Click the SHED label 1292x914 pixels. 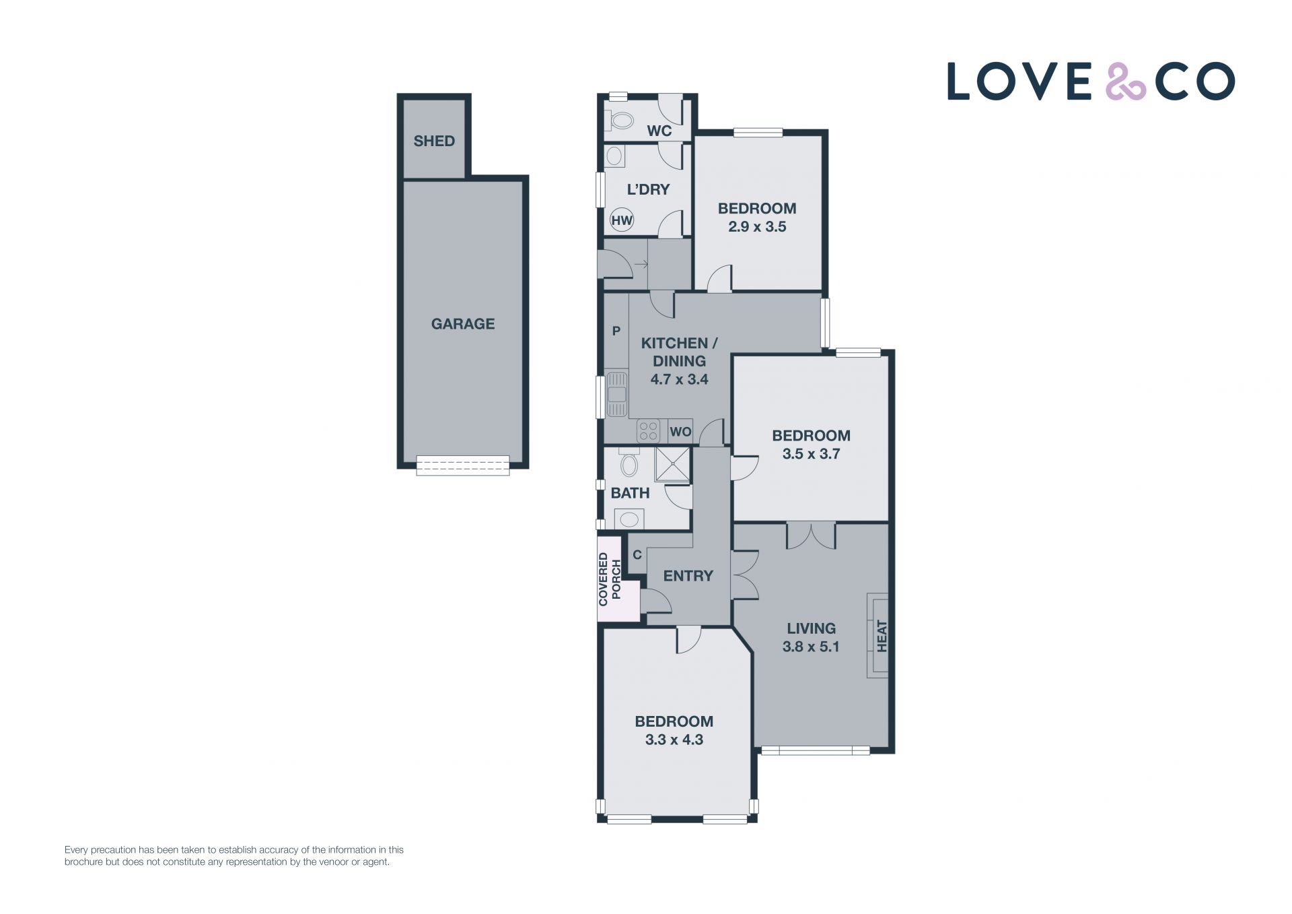434,141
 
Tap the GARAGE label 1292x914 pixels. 463,324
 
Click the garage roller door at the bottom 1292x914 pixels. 463,465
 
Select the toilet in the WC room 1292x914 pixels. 620,121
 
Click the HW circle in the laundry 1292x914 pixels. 622,220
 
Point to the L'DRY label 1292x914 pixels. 648,189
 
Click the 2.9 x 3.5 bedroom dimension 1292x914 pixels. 757,227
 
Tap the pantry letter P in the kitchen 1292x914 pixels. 616,331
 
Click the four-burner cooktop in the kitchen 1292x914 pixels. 648,431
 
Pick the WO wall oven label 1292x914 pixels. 680,432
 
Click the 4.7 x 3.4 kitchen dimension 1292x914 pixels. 679,379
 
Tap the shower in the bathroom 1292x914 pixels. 672,465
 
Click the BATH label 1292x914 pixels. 630,493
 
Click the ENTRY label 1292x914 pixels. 688,576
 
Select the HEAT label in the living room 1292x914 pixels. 882,636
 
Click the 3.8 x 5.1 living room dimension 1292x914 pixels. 811,647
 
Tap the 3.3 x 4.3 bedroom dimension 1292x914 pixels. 674,740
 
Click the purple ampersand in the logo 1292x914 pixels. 1126,81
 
